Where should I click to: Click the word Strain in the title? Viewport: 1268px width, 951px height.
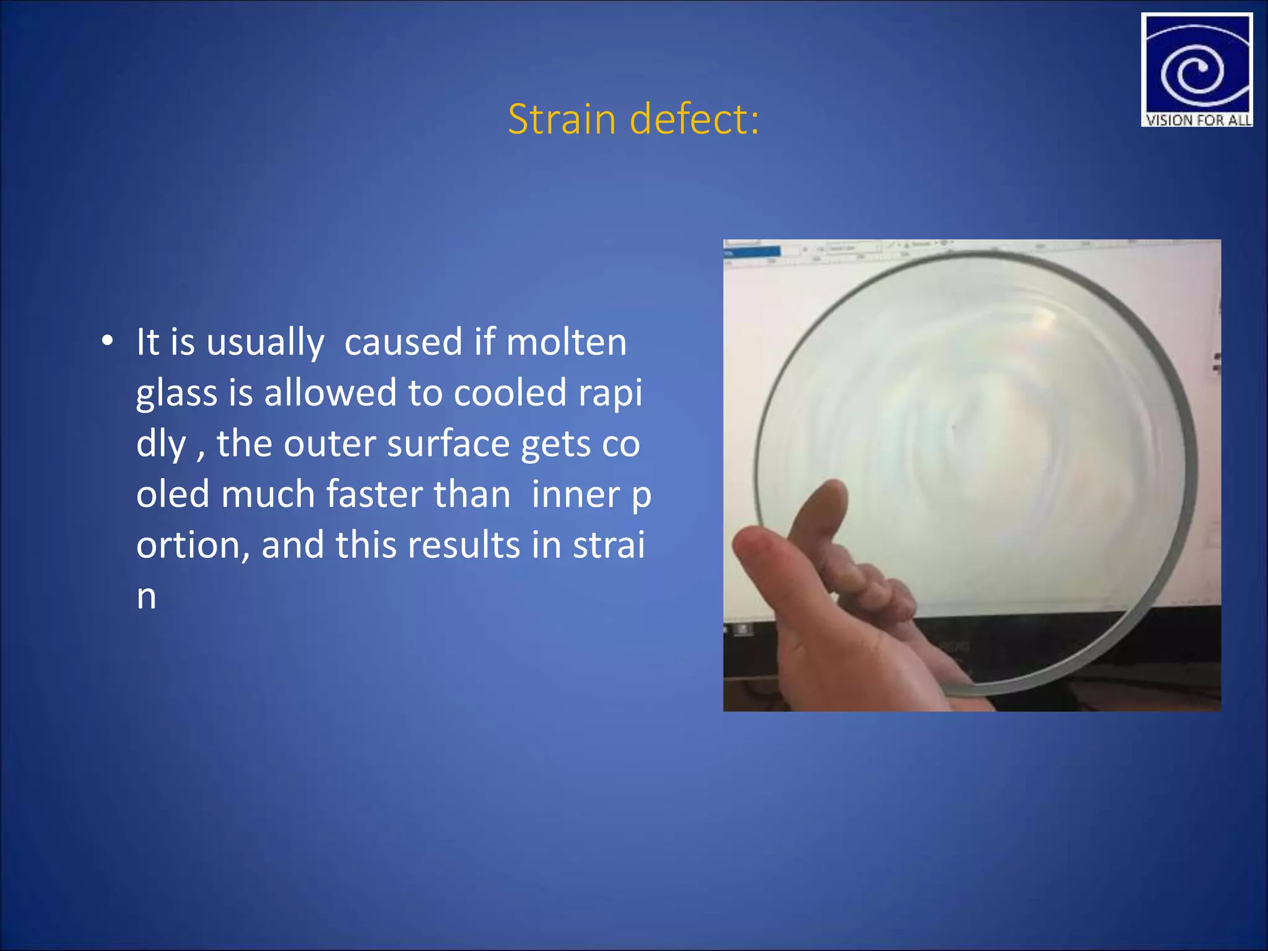562,119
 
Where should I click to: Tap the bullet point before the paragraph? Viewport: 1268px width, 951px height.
108,341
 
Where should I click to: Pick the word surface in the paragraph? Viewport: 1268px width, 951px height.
448,444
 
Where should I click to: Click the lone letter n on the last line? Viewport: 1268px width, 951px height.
146,597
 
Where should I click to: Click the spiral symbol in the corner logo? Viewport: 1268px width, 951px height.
1194,71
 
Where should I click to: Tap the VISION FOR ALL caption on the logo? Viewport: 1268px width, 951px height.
1197,120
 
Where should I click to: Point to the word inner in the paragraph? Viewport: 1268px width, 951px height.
575,495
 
